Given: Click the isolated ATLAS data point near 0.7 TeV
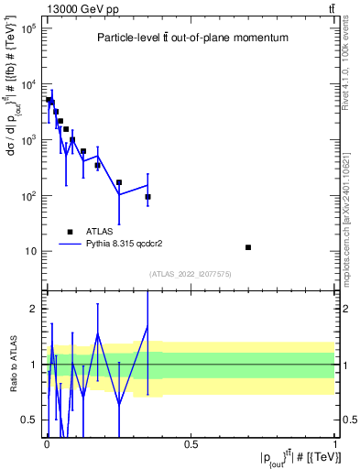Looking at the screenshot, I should [x=248, y=247].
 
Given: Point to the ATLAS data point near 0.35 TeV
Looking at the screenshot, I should [x=147, y=197].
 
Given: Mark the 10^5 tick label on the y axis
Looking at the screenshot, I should [x=27, y=28].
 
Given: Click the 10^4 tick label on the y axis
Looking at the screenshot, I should [x=27, y=84].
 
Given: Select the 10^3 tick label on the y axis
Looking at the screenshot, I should [x=27, y=140].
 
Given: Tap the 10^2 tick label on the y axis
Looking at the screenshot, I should [x=27, y=196].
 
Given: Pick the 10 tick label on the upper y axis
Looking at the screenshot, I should [x=30, y=252].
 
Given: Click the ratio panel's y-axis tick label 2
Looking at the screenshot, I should [x=36, y=309].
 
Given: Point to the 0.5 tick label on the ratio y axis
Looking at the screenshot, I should [x=31, y=420].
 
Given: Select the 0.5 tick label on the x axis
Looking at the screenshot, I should [x=191, y=444].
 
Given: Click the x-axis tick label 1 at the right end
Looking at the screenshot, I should [x=335, y=444].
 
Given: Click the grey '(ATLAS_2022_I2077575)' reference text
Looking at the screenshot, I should [x=191, y=274].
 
